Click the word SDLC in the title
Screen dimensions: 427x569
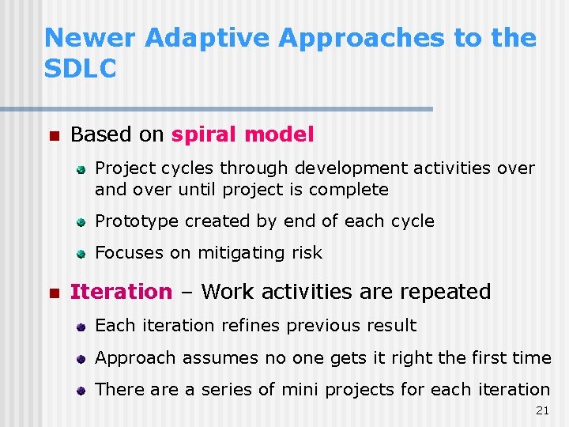pos(81,68)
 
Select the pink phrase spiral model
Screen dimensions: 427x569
pos(243,134)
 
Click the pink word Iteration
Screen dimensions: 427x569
pos(121,292)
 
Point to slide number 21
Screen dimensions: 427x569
pos(541,410)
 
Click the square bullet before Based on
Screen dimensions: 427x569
pos(53,135)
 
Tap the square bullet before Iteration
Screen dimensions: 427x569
pos(53,293)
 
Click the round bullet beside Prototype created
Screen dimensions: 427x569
pos(81,222)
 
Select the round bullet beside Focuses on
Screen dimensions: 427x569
pos(81,254)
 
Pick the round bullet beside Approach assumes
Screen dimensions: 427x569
pos(81,358)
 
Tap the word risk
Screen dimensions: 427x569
pos(307,253)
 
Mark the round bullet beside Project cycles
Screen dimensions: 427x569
pos(81,169)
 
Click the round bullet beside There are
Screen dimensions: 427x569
pos(81,390)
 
